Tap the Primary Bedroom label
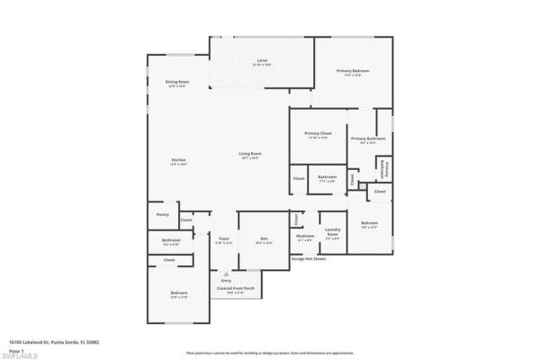point(354,73)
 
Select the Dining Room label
point(175,84)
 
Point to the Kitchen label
point(179,162)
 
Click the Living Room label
point(249,156)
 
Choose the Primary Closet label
point(319,135)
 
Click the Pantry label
point(163,214)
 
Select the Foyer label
point(224,241)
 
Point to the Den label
point(265,241)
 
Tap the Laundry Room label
point(332,236)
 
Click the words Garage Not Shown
point(308,258)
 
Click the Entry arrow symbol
point(226,274)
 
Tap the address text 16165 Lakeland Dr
point(53,342)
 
